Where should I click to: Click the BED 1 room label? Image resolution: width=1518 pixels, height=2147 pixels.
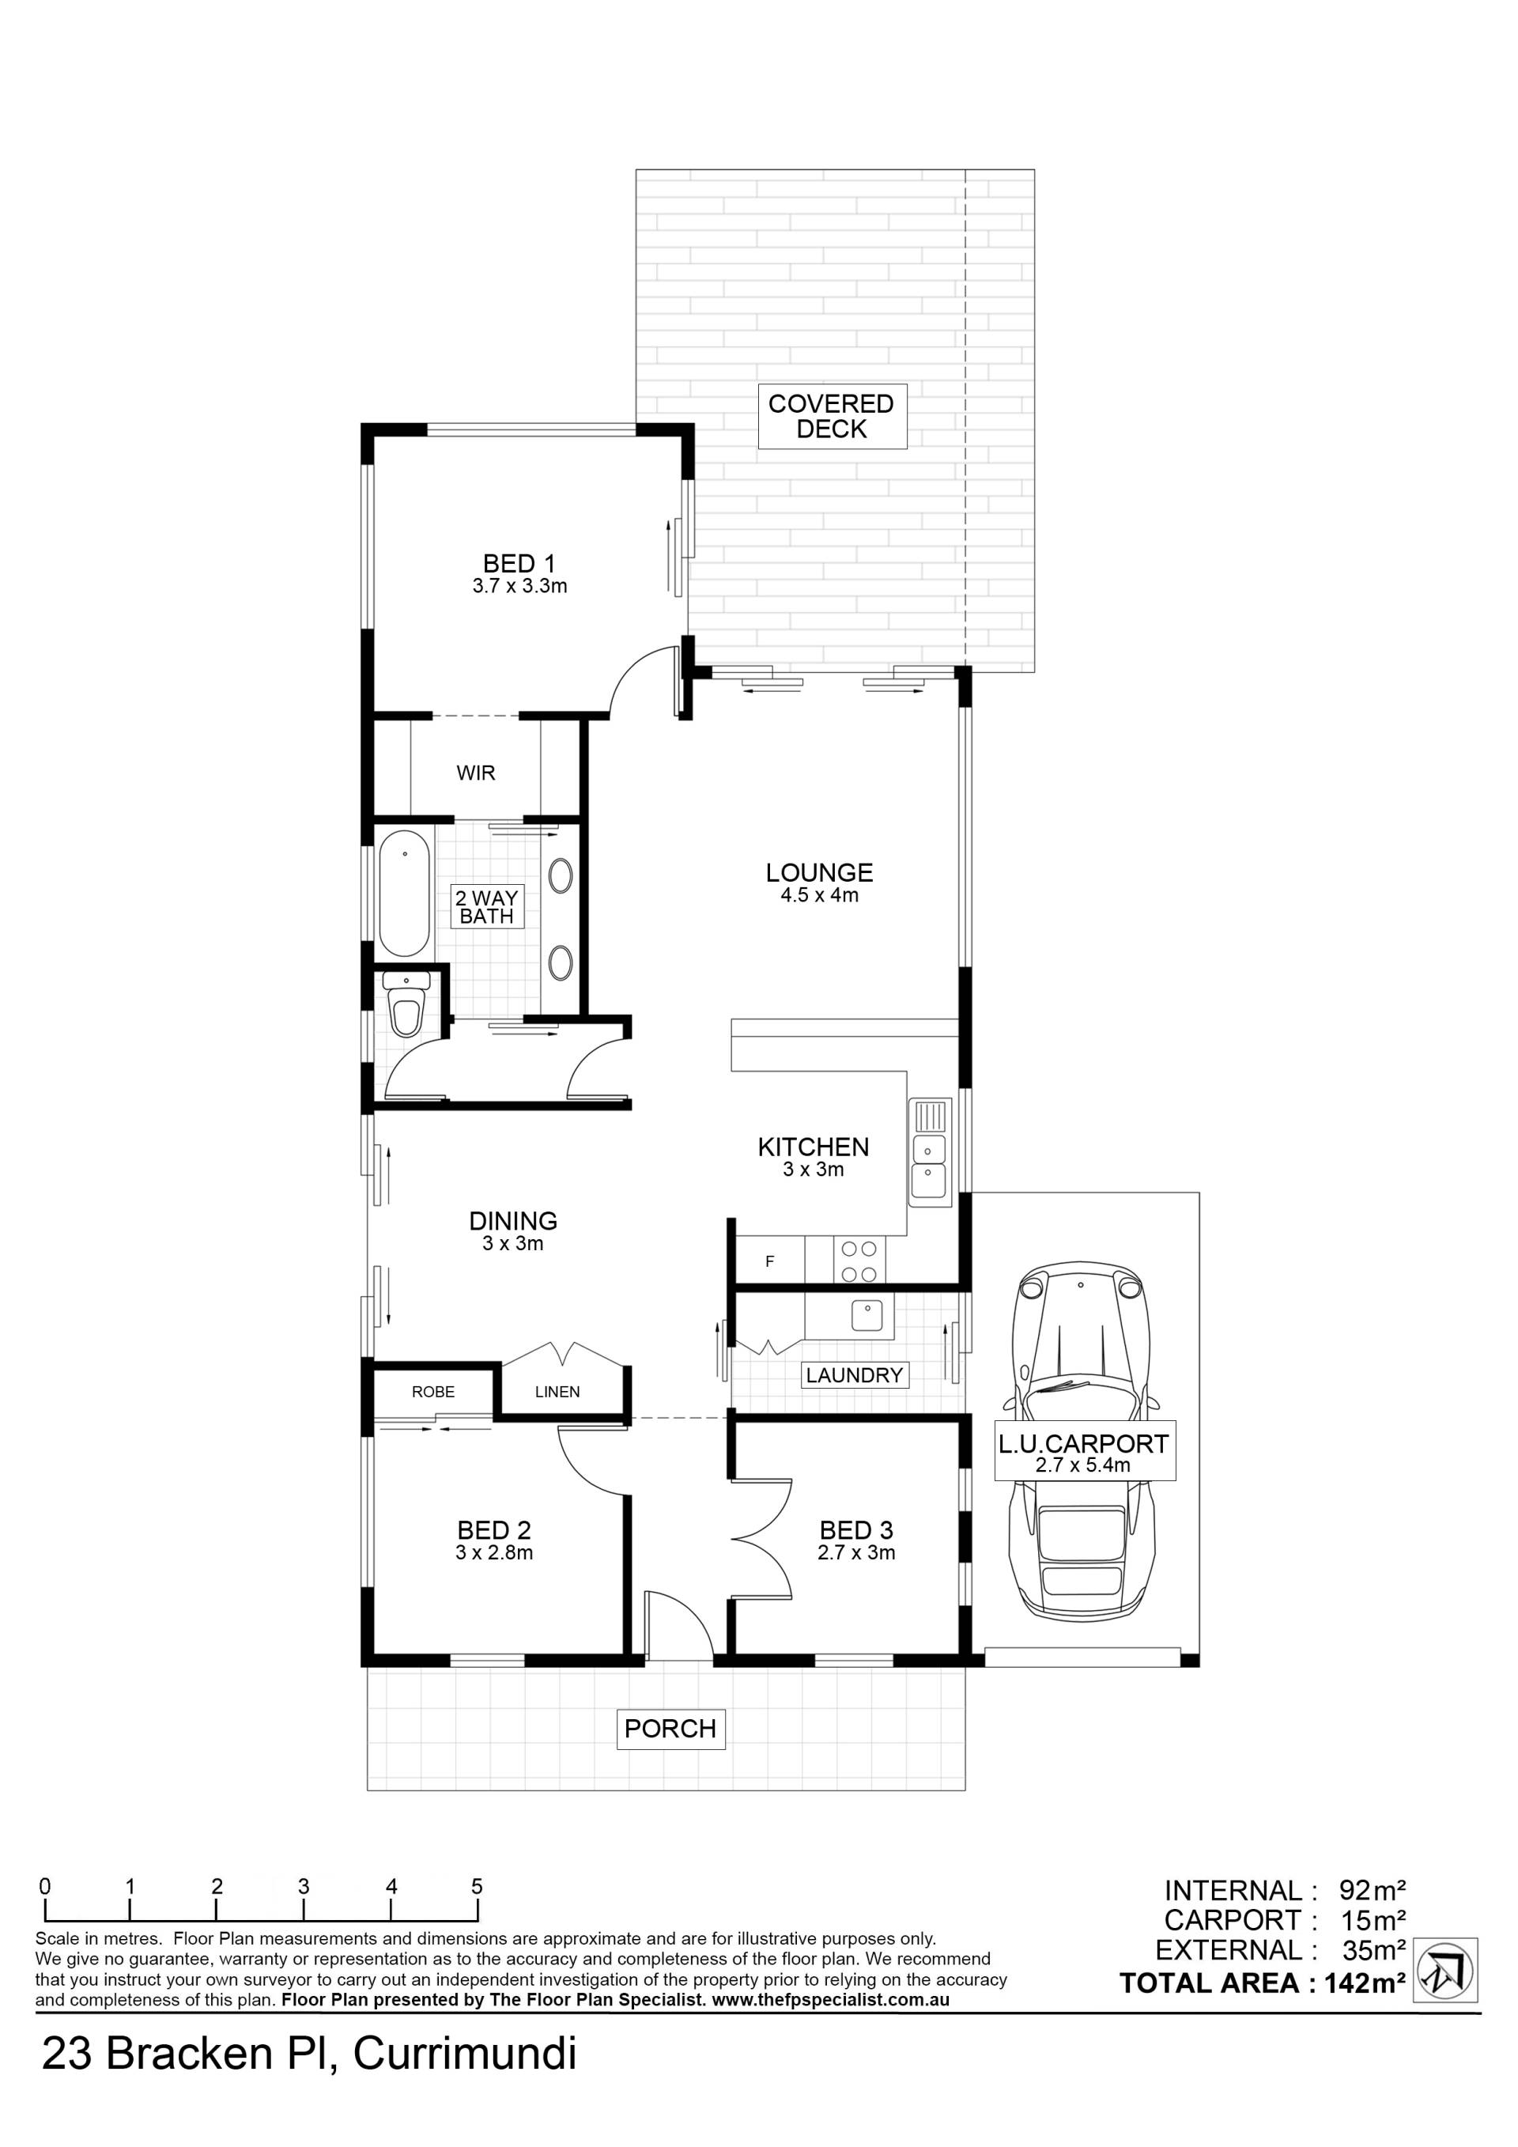[x=519, y=564]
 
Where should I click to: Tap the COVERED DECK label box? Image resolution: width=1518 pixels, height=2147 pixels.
[x=831, y=416]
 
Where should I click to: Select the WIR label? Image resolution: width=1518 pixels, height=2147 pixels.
[x=476, y=773]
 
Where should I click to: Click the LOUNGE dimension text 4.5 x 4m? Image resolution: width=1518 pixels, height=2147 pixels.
[x=820, y=896]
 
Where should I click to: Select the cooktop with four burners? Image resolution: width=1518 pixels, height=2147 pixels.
[x=859, y=1261]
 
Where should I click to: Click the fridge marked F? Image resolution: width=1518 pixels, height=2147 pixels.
[x=770, y=1261]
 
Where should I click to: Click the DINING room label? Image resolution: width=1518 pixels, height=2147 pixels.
[x=513, y=1220]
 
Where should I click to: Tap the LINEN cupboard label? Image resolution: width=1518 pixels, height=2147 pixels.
[x=557, y=1392]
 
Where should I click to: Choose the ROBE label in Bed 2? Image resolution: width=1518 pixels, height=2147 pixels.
[x=432, y=1392]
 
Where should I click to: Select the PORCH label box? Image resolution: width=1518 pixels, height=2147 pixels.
[x=670, y=1729]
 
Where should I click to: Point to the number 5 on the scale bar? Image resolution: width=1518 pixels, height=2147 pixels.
[x=477, y=1887]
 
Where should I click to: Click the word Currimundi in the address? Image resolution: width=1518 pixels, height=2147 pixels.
[x=465, y=2054]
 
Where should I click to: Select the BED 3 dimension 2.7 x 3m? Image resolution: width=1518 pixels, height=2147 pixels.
[x=856, y=1553]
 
